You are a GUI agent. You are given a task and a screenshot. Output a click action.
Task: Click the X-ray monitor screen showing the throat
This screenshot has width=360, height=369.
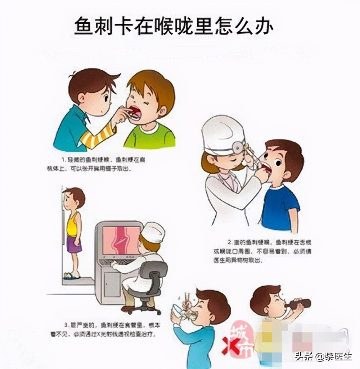(x=121, y=241)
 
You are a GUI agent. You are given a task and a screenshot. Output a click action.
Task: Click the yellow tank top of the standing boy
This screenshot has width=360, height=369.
(x=73, y=224)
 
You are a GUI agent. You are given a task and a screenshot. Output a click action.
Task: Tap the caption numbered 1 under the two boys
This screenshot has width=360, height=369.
(x=103, y=164)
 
